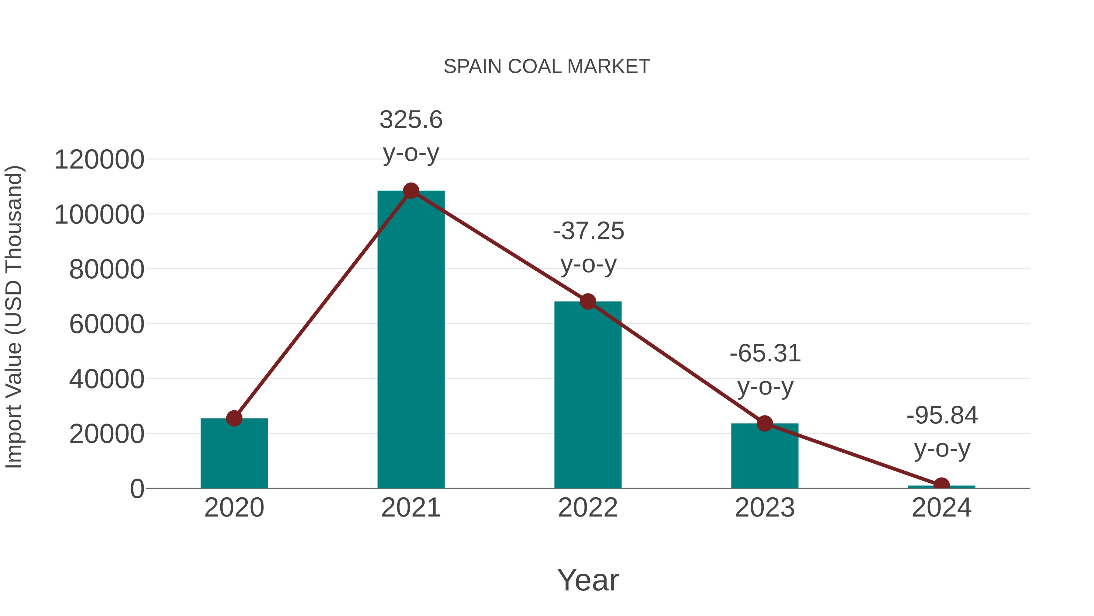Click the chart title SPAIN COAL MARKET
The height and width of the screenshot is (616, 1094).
547,66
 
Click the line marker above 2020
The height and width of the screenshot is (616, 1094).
234,418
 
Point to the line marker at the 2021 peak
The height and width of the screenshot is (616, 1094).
411,191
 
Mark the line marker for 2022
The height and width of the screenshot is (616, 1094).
588,301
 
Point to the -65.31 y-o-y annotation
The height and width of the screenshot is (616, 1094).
765,370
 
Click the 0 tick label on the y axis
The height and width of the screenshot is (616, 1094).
137,489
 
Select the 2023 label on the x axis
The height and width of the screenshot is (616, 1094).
765,508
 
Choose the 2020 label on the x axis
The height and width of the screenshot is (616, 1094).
234,508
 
